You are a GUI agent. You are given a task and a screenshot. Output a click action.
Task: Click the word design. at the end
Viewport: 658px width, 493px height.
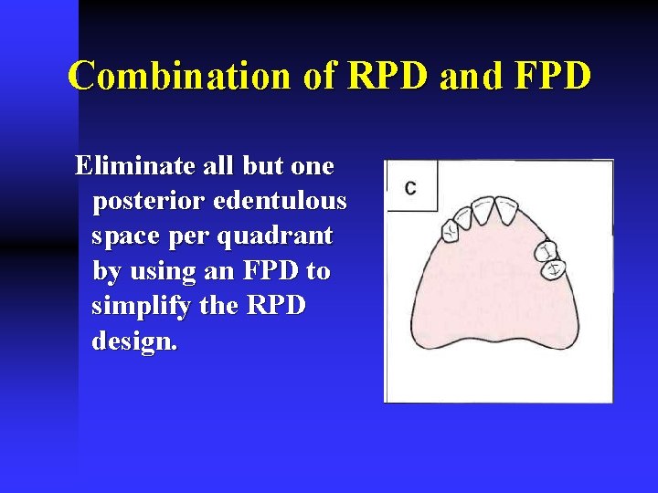coord(135,341)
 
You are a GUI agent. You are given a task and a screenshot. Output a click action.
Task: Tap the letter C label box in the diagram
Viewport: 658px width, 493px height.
coord(410,187)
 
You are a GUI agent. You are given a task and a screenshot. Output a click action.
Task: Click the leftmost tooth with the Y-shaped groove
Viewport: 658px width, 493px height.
coord(451,231)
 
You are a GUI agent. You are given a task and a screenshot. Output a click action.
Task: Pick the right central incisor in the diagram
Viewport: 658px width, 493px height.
coord(506,210)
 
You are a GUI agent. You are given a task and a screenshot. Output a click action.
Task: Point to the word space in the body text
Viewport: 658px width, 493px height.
coord(124,236)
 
